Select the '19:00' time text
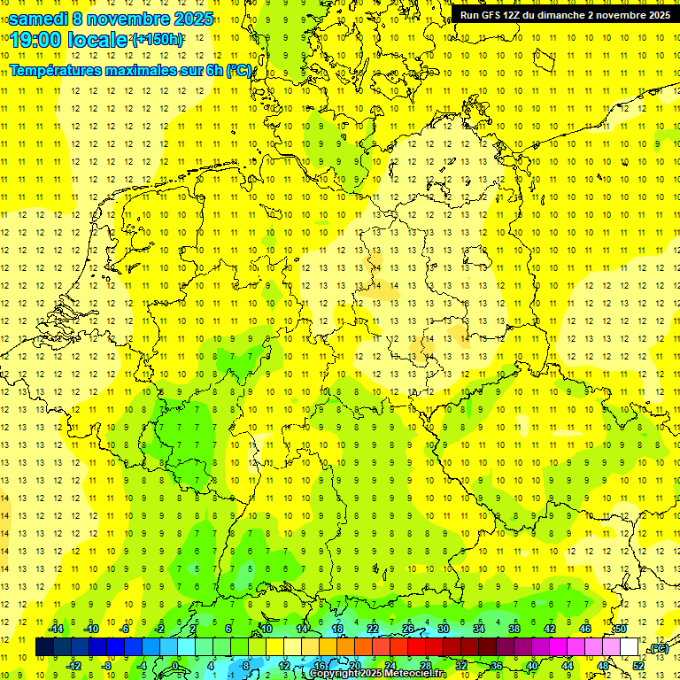[34, 40]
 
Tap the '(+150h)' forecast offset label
[157, 40]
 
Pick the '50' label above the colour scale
[621, 629]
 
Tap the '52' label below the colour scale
[638, 665]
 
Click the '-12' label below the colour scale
[73, 665]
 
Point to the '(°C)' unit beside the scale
[658, 648]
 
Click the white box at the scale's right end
[630, 647]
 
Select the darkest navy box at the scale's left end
[44, 647]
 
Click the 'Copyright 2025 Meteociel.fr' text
[378, 674]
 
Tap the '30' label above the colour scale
[444, 629]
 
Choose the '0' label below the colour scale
[175, 665]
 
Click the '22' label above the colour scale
[373, 629]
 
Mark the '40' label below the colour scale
[532, 665]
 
